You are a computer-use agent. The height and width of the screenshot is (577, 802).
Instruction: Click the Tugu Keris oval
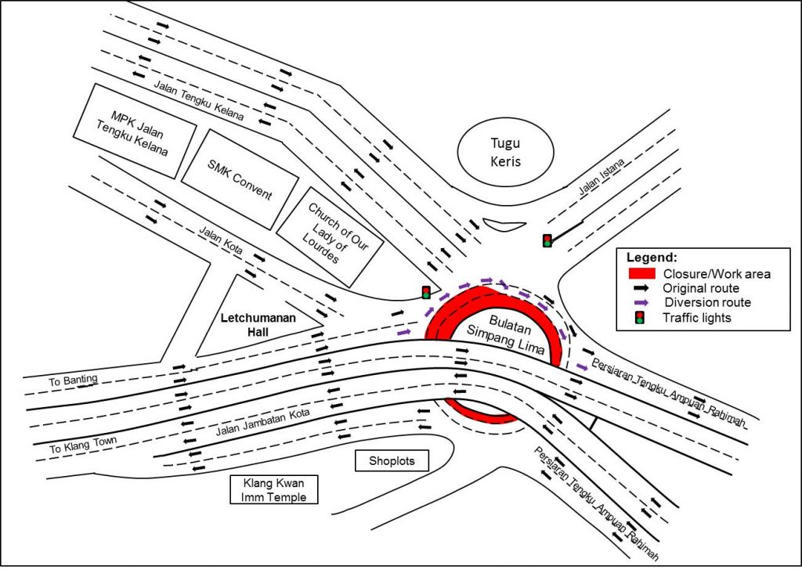[505, 153]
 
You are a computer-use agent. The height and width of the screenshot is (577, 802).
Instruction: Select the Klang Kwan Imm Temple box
[273, 489]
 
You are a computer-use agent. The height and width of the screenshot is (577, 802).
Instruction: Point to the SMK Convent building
[240, 179]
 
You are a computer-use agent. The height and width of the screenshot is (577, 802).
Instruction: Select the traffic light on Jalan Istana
[547, 240]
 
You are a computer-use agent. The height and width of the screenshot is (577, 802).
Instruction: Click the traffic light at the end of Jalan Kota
[426, 293]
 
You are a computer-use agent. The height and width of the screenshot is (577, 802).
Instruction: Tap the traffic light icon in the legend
[641, 317]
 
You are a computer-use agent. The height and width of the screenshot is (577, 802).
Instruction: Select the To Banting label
[74, 380]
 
